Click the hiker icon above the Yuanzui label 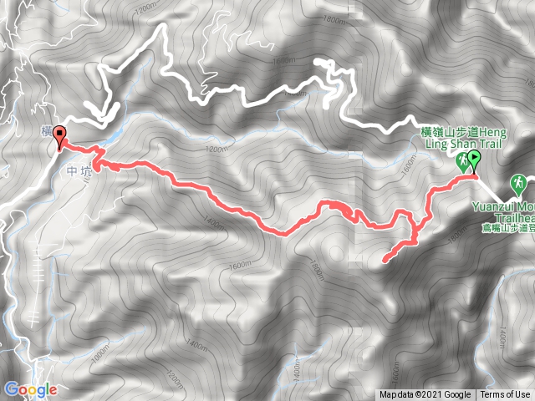coord(518,183)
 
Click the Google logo coord(31,389)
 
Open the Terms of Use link coord(505,395)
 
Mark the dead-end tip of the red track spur coord(385,261)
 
